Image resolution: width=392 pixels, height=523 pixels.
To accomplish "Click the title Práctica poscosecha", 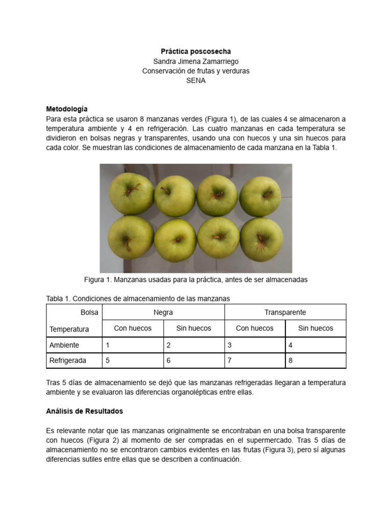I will (196, 52).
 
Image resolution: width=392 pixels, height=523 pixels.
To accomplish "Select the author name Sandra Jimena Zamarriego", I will (196, 61).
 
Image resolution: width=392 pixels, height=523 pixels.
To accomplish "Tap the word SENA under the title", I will (196, 81).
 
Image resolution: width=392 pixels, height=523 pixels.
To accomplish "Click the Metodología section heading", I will (67, 109).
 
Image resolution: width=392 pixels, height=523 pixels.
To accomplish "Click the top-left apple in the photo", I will (131, 193).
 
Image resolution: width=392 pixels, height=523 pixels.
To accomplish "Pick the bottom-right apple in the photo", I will (261, 239).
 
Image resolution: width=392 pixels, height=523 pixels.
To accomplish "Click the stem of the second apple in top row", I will (166, 191).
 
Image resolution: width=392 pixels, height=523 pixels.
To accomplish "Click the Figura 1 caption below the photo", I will (195, 280).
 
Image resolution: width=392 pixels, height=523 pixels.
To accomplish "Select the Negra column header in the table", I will (163, 312).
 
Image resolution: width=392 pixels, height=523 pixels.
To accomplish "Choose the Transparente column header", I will (285, 312).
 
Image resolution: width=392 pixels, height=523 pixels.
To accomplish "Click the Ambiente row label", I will (64, 345).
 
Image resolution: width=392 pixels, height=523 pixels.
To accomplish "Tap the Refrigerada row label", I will (68, 361).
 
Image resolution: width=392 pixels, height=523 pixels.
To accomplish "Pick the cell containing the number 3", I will (255, 345).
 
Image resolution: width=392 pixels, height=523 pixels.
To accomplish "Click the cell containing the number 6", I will (194, 361).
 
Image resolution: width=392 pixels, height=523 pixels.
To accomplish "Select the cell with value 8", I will (315, 361).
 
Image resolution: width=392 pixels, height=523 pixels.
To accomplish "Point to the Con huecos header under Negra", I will (133, 328).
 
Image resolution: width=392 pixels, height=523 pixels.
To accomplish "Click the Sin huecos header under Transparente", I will (315, 328).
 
